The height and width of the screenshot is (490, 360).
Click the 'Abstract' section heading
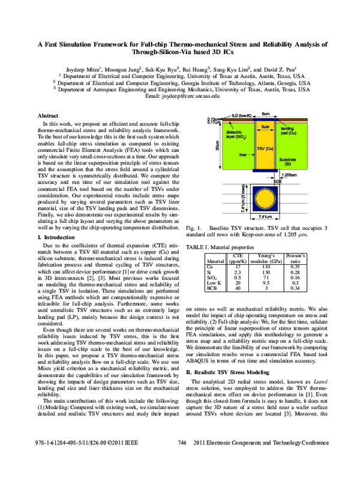[48, 115]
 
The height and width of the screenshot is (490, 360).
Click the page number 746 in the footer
[184, 476]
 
